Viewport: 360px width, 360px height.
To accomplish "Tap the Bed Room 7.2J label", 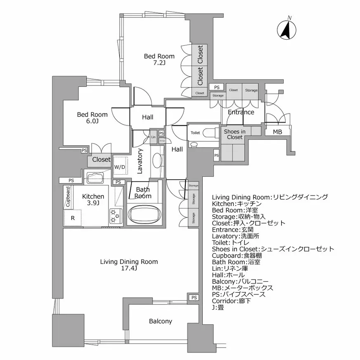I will click(x=159, y=59).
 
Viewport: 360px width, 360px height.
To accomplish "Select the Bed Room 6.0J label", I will click(x=92, y=118).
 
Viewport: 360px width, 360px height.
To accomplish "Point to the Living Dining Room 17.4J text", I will click(x=129, y=265).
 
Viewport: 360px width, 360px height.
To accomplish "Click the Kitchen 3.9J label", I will click(x=93, y=199).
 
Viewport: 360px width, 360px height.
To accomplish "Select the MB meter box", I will click(x=277, y=132).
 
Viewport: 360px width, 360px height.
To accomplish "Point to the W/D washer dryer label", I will click(x=120, y=167).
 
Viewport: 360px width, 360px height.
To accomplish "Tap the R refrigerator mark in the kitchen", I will click(x=73, y=218).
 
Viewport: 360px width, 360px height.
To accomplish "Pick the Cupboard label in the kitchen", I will click(x=67, y=197).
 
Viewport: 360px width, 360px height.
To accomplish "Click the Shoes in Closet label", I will click(x=234, y=134).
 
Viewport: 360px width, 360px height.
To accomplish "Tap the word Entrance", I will click(x=241, y=112).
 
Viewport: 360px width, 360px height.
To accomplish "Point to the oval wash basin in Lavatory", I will click(x=157, y=160).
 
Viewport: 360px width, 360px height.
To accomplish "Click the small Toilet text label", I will click(x=195, y=133).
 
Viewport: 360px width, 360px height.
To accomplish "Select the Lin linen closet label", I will click(x=153, y=137).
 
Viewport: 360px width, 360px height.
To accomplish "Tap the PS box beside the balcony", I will click(x=194, y=298).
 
